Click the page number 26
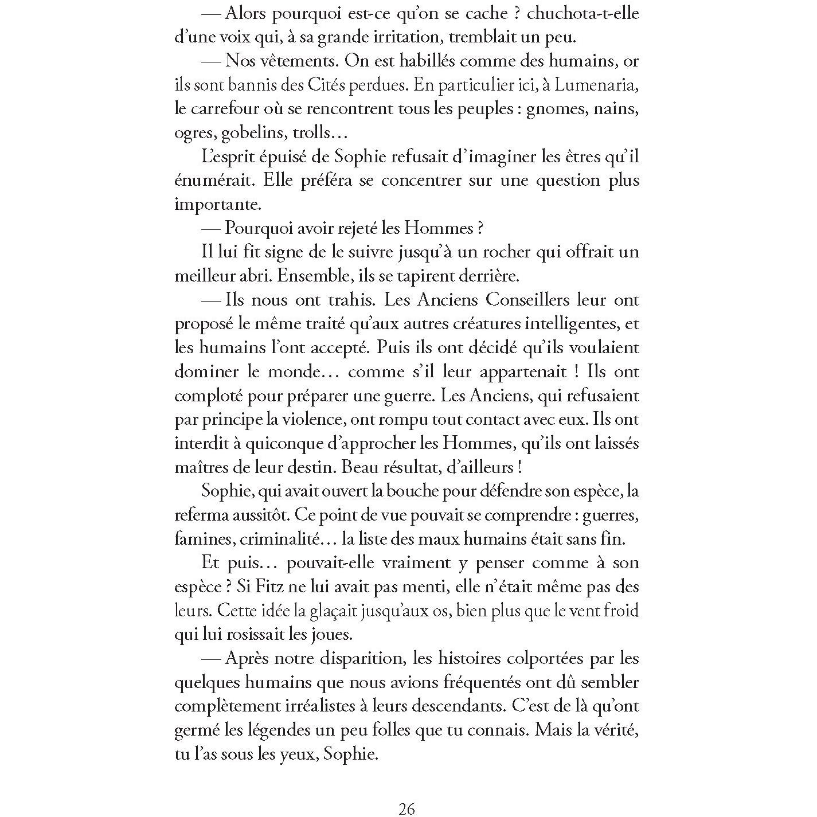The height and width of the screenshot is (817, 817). click(406, 809)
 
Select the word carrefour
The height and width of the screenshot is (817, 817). click(225, 109)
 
